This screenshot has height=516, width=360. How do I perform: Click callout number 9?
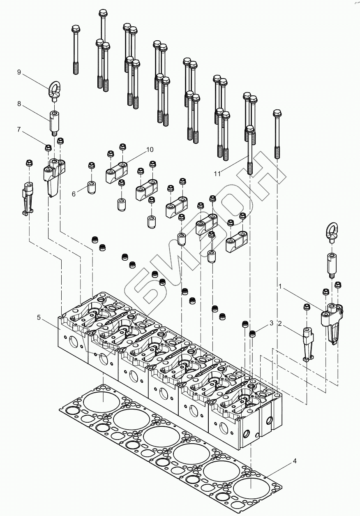[19, 72]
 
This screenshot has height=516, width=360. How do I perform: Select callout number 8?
[19, 104]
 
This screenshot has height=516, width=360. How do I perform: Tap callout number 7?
[19, 130]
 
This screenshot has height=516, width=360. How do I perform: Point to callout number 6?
[74, 194]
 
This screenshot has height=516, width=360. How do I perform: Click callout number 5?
[39, 317]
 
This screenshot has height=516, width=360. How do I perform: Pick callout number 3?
[271, 324]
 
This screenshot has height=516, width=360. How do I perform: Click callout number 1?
[280, 285]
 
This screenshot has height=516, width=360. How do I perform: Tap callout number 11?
[217, 174]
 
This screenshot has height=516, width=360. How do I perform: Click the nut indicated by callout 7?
[48, 147]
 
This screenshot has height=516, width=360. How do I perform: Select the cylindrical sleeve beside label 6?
[91, 187]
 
